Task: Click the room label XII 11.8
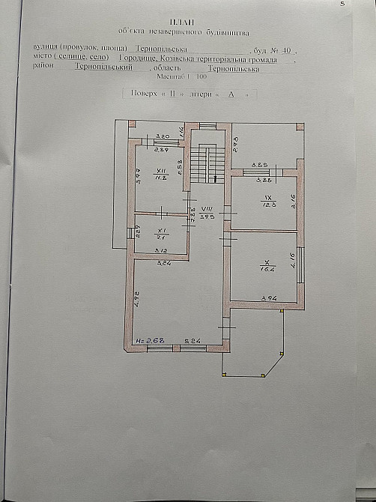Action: (x=160, y=175)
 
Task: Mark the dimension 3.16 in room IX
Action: (x=295, y=201)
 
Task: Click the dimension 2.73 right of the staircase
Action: (x=234, y=142)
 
